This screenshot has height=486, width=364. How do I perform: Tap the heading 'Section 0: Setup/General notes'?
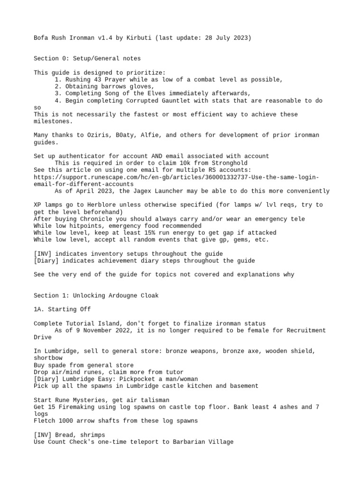87,59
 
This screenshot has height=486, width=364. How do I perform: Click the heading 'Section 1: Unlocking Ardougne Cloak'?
96,295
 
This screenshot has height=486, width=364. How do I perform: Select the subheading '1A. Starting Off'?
62,309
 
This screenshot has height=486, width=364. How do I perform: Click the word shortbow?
48,358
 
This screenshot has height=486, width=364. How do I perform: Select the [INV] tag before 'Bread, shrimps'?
43,435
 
